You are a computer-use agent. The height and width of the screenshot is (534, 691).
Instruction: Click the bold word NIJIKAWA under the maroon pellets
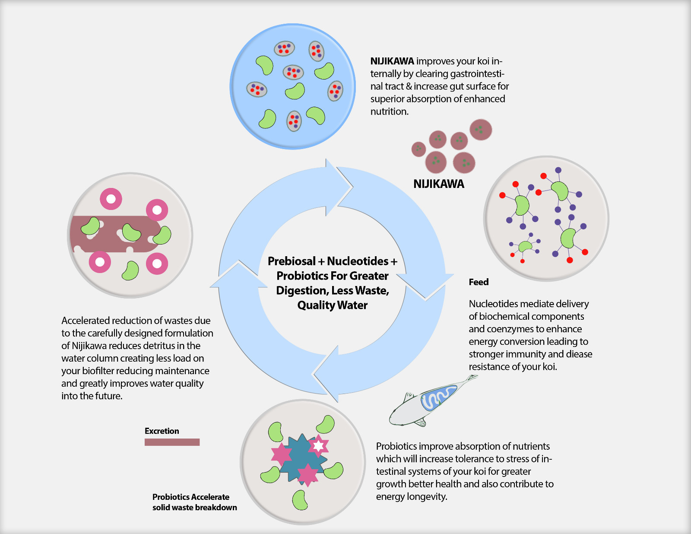(x=438, y=184)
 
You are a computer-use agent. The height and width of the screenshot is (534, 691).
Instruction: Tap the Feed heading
(x=479, y=282)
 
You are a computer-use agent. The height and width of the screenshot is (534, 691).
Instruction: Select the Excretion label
(x=162, y=431)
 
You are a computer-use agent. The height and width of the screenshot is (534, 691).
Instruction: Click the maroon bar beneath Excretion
(x=172, y=442)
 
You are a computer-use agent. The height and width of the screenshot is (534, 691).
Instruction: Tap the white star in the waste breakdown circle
(x=318, y=445)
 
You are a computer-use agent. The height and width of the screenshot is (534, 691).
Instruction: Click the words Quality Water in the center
(x=332, y=305)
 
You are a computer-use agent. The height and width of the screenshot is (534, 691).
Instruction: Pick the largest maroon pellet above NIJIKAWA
(x=481, y=130)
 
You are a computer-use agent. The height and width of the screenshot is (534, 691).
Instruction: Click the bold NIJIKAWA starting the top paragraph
(x=392, y=61)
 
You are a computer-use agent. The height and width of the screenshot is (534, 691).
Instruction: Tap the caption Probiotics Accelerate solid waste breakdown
(x=194, y=502)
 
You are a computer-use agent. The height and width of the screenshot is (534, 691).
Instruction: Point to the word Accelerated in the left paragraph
(x=86, y=321)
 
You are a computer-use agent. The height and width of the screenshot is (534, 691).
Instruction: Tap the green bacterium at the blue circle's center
(x=295, y=91)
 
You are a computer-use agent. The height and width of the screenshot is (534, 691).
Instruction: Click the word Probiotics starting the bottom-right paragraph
(x=396, y=446)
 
